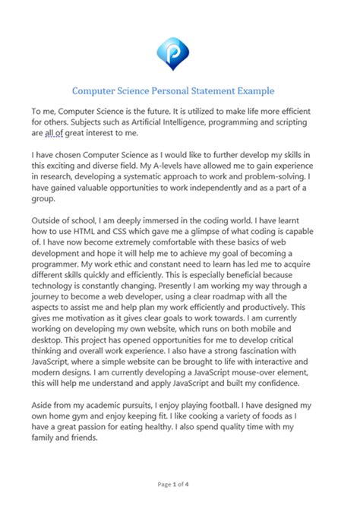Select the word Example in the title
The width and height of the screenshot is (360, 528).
[254, 90]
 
